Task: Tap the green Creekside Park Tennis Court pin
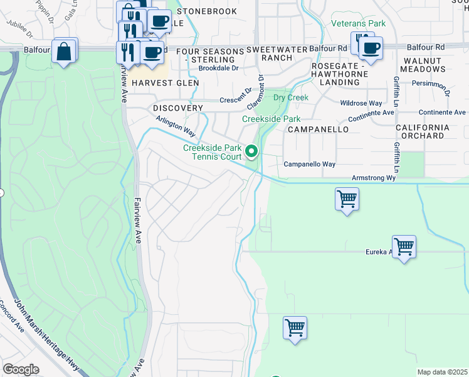point(252,151)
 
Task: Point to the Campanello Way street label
point(310,164)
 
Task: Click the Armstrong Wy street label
point(374,178)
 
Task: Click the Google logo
point(21,369)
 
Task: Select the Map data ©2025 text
point(442,372)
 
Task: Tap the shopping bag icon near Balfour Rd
point(65,52)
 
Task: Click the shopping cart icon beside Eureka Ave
point(404,246)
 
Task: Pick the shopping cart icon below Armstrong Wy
point(347,199)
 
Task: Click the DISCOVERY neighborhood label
point(178,108)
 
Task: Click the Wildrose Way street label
point(361,103)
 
